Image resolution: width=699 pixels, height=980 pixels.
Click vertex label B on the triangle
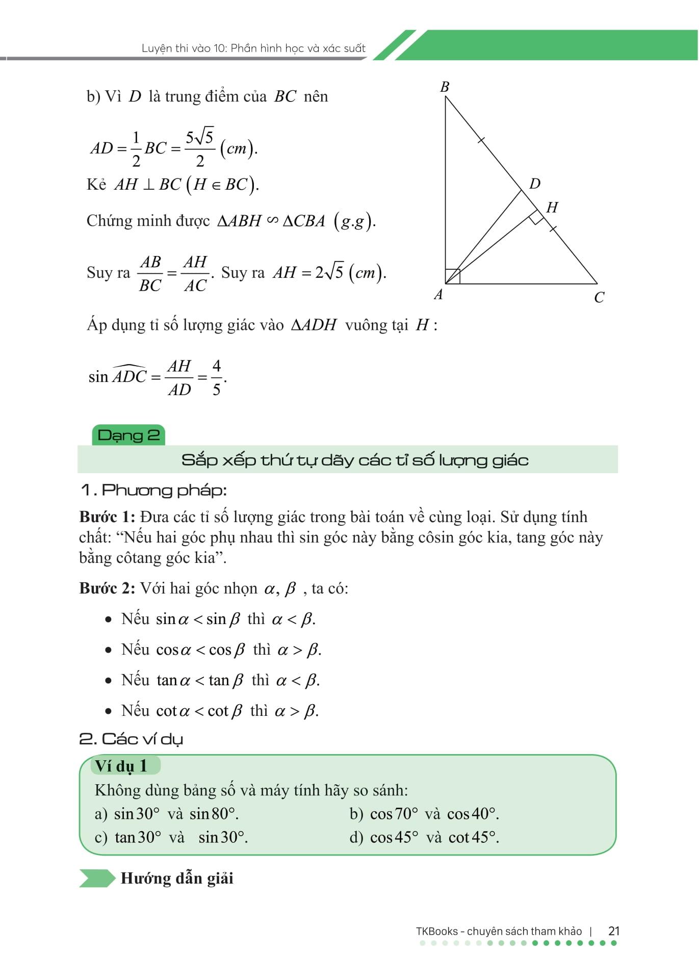(445, 87)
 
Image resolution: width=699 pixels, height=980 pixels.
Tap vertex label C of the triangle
(599, 297)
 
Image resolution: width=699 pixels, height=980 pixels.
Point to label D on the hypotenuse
(534, 184)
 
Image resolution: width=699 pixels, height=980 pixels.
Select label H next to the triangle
(552, 208)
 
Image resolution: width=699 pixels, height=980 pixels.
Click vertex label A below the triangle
(438, 294)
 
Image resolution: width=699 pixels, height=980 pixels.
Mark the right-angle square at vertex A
(453, 276)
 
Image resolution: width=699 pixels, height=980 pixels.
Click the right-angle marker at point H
(536, 217)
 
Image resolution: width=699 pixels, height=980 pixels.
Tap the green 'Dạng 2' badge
(128, 435)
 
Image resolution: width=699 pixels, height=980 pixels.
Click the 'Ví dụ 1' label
(121, 765)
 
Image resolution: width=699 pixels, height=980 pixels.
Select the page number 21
(614, 931)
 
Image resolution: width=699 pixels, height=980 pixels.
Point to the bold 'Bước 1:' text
(107, 517)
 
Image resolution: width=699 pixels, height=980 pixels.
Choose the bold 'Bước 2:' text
(107, 588)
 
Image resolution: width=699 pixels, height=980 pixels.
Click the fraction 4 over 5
(217, 378)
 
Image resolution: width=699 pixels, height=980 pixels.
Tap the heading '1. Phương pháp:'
(153, 491)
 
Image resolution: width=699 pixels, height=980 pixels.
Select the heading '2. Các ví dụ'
(131, 739)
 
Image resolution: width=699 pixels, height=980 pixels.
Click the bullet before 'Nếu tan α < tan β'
(108, 681)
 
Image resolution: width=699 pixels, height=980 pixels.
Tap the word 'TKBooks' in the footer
(436, 931)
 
